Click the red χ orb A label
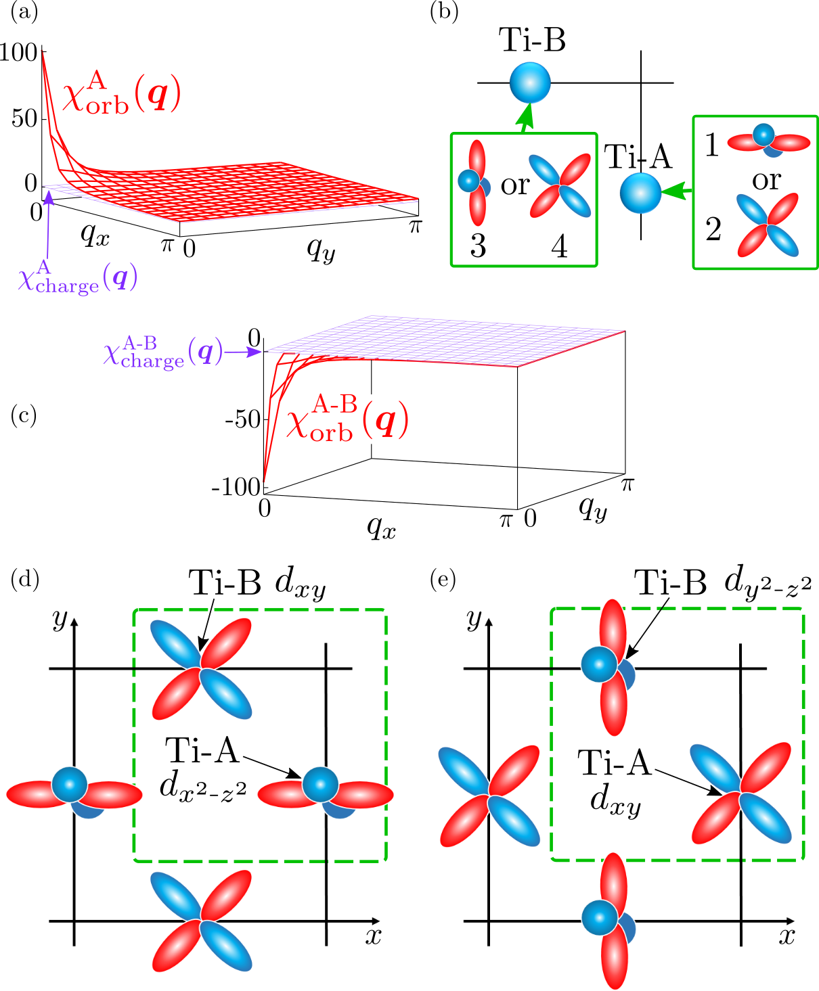(122, 95)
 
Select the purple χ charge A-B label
(162, 352)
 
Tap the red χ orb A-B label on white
(349, 419)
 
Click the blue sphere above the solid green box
(530, 83)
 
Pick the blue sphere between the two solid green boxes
(640, 193)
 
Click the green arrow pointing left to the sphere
(677, 192)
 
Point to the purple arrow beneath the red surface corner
(48, 223)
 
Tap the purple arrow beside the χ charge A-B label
(244, 352)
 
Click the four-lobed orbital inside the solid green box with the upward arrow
(560, 185)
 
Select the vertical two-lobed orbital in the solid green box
(477, 183)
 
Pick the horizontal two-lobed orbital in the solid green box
(768, 141)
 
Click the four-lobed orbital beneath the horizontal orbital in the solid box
(768, 225)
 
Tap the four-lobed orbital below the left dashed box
(201, 921)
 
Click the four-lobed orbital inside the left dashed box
(201, 668)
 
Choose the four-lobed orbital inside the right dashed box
(741, 793)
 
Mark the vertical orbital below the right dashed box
(613, 920)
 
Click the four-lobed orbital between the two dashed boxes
(489, 796)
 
